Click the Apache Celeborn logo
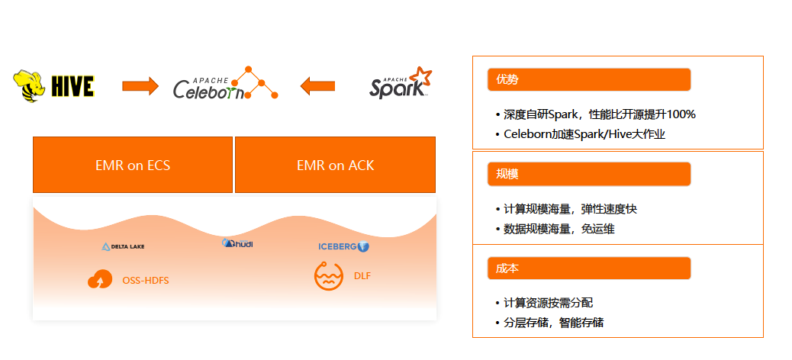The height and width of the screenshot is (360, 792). [224, 85]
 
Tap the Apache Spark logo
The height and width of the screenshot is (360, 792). [400, 84]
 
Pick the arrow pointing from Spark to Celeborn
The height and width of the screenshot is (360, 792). [317, 85]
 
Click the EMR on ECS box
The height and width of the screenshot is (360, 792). [133, 165]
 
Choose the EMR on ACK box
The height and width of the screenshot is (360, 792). [335, 165]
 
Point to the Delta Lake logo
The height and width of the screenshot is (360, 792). [123, 246]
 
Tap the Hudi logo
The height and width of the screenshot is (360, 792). [237, 243]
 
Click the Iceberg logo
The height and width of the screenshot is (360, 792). [343, 246]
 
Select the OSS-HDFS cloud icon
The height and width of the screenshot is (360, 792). [100, 280]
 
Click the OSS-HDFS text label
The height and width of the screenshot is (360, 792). [146, 281]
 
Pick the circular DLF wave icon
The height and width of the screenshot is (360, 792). [328, 275]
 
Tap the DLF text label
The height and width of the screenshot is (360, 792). [362, 275]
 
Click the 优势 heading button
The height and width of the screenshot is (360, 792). [588, 79]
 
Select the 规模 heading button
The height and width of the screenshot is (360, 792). [588, 174]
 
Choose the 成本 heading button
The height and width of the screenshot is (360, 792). [588, 268]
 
